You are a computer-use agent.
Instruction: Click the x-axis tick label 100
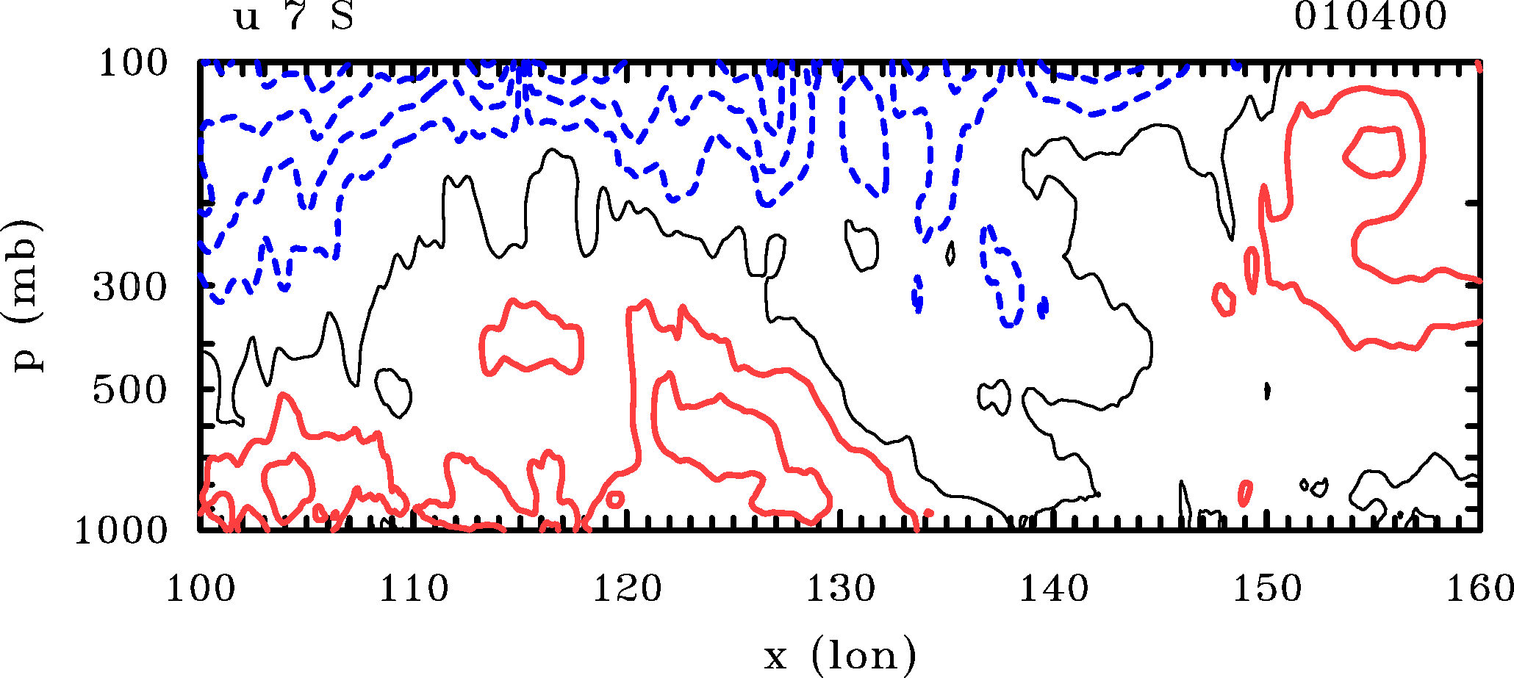200,589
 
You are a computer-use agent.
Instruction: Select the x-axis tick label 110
413,589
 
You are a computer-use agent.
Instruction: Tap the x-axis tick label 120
627,589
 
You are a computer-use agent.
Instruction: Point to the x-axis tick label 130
840,589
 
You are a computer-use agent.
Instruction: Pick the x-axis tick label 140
1053,589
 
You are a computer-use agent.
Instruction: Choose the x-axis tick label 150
1266,589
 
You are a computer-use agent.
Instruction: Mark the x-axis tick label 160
1479,589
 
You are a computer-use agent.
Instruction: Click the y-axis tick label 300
130,288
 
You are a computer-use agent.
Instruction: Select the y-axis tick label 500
130,391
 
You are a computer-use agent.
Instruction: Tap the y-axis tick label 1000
121,530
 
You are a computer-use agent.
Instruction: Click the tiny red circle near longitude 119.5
614,500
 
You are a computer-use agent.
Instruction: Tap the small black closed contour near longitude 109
393,393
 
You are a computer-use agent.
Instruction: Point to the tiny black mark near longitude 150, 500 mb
1268,391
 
